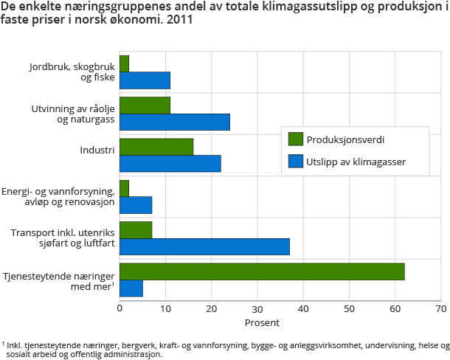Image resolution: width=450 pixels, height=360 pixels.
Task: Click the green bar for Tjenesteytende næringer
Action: tap(262, 271)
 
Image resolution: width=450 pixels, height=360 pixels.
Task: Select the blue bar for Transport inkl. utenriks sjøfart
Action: tap(204, 246)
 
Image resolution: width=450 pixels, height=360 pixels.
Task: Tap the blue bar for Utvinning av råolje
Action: tap(175, 122)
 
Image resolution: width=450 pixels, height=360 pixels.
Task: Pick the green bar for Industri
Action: tap(156, 147)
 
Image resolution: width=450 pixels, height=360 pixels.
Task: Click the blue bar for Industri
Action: tap(170, 163)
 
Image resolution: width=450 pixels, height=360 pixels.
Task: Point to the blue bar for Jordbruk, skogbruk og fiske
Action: tap(145, 80)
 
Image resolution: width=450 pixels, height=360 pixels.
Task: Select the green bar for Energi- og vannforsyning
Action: tap(124, 188)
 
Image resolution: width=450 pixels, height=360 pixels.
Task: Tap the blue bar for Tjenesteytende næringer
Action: tap(131, 288)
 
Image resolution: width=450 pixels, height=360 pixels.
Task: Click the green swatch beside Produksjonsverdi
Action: tap(295, 139)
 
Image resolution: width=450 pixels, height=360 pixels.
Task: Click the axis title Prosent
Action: tap(263, 323)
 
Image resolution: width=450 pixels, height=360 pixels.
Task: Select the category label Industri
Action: tap(97, 150)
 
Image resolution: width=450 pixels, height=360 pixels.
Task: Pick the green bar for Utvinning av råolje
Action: tap(145, 105)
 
